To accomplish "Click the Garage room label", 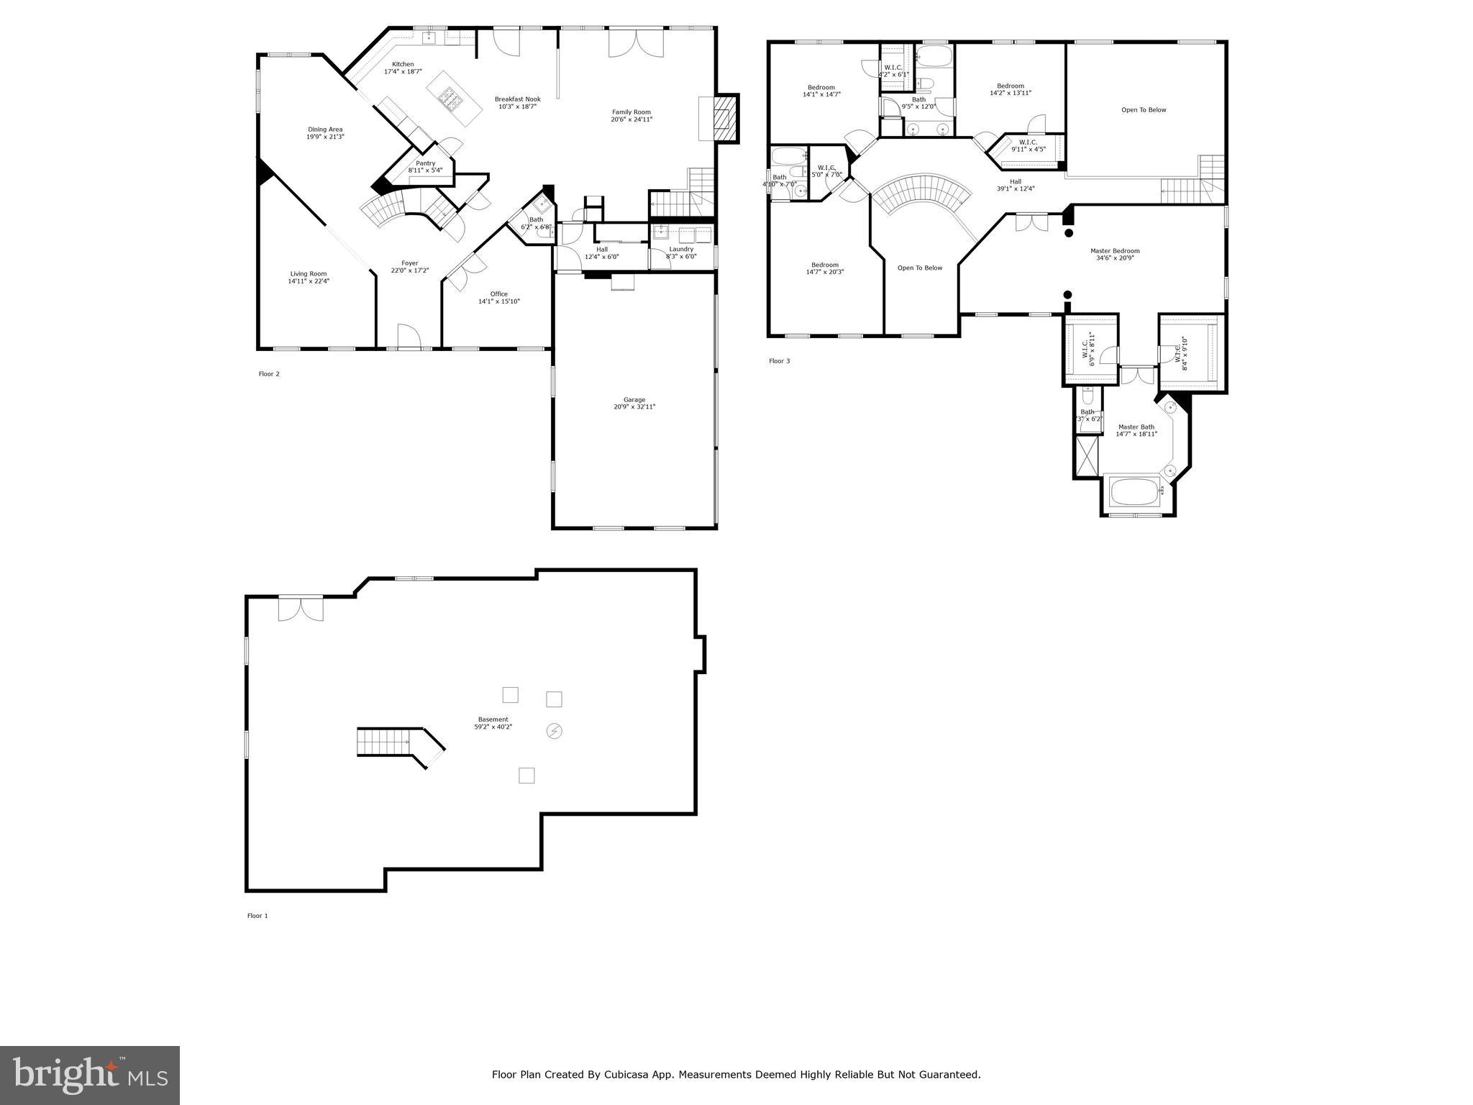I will pos(634,400).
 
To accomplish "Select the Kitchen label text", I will pos(403,64).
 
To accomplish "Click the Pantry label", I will pos(425,163).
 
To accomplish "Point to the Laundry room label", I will pos(681,249).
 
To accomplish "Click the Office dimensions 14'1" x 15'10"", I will pos(499,301).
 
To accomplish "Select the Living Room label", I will pos(309,273).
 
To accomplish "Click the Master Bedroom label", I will pos(1115,251).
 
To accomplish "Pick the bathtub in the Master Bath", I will pos(1134,493).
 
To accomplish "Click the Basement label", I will pos(493,719).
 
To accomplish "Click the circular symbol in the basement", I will pos(555,732).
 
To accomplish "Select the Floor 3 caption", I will pos(779,361).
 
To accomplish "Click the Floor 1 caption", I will pos(257,916).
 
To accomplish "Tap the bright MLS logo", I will pos(90,1075).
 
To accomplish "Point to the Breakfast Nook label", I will pos(517,99).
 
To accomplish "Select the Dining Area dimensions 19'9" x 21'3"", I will pos(325,137).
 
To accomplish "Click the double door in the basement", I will pos(301,608).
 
